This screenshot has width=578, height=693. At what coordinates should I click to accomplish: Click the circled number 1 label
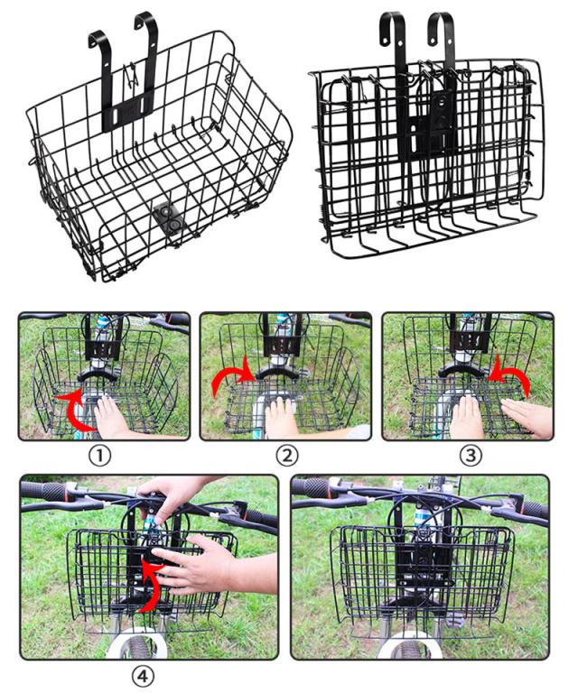[100, 455]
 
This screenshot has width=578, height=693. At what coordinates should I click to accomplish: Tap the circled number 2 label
[287, 455]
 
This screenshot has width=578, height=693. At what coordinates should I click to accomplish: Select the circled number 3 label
[471, 455]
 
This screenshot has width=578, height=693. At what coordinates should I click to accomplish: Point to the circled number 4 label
[144, 677]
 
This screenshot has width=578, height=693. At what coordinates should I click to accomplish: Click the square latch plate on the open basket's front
[169, 217]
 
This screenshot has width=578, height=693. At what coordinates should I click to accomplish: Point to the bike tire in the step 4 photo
[137, 644]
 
